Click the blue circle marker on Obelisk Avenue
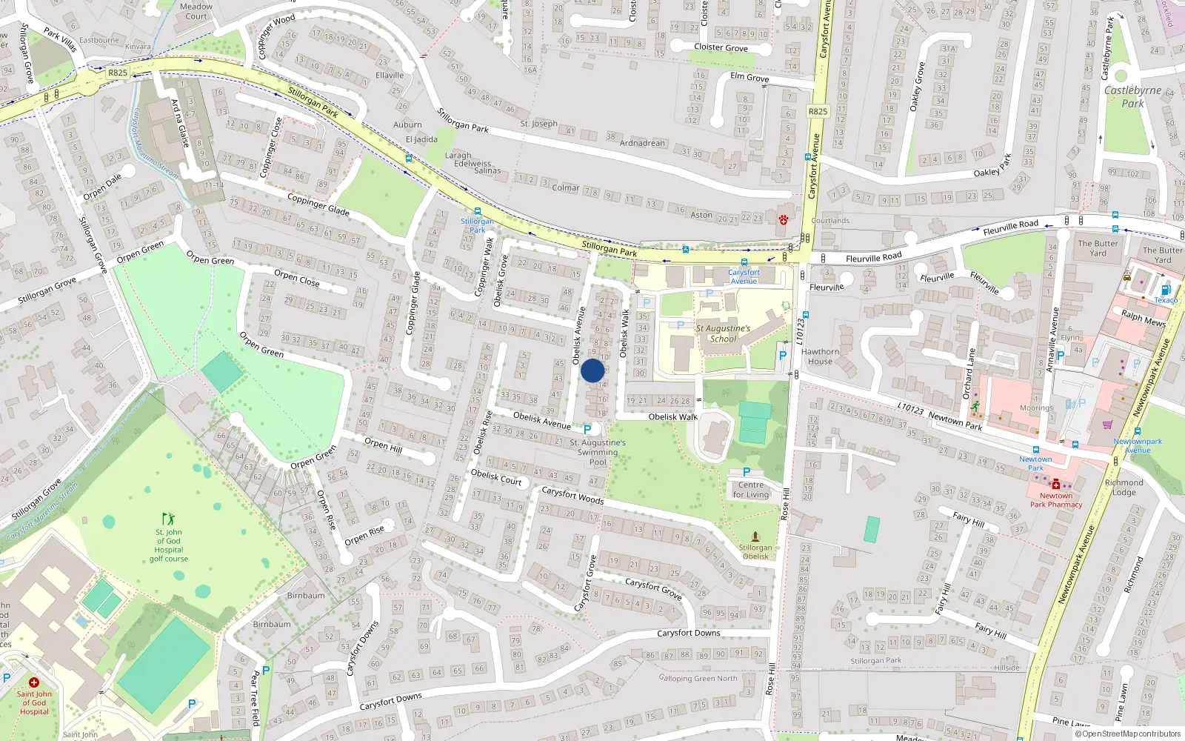pyautogui.click(x=592, y=370)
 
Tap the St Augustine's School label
pyautogui.click(x=723, y=333)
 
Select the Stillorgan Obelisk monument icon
pyautogui.click(x=755, y=536)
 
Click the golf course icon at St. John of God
pyautogui.click(x=169, y=519)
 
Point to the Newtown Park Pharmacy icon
pyautogui.click(x=1055, y=484)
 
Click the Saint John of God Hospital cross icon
pyautogui.click(x=33, y=682)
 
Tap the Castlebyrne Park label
pyautogui.click(x=1132, y=96)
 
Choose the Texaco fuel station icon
pyautogui.click(x=1165, y=290)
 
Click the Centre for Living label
pyautogui.click(x=751, y=490)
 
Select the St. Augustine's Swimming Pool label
pyautogui.click(x=597, y=452)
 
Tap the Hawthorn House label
pyautogui.click(x=820, y=356)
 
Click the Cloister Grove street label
pyautogui.click(x=721, y=47)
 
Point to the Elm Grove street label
pyautogui.click(x=750, y=77)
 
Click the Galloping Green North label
pyautogui.click(x=698, y=678)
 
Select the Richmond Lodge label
pyautogui.click(x=1124, y=487)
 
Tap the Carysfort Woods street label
pyautogui.click(x=573, y=495)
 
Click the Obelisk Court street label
pyautogui.click(x=496, y=477)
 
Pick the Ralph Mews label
pyautogui.click(x=1144, y=318)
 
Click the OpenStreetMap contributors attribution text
pyautogui.click(x=1131, y=734)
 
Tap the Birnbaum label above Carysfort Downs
pyautogui.click(x=305, y=595)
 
